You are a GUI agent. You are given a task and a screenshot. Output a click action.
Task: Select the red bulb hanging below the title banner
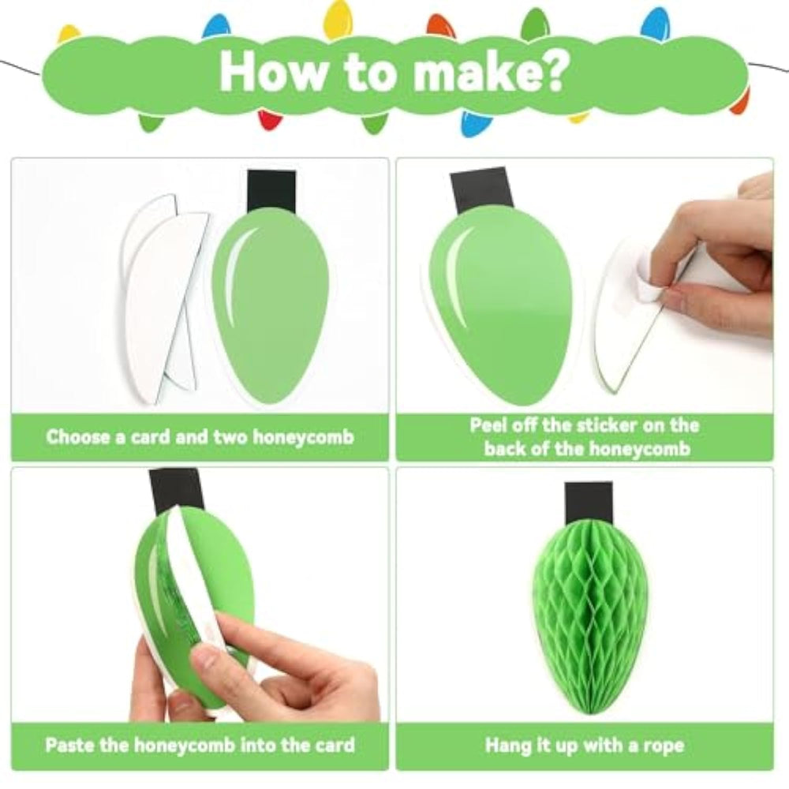tap(270, 120)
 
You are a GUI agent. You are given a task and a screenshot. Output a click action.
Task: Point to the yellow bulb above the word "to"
tap(338, 21)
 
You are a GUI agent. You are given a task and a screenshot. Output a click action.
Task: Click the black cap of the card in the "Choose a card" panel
tap(271, 192)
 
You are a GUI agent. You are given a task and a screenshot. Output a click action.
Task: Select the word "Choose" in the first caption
tap(78, 437)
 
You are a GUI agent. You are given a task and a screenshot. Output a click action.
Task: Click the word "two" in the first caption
tap(230, 437)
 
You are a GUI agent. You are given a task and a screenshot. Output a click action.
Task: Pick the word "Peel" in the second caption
tap(487, 425)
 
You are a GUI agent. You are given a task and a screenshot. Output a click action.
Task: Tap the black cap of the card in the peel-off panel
tap(481, 191)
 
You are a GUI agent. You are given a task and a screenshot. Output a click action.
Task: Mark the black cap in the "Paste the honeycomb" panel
tap(177, 491)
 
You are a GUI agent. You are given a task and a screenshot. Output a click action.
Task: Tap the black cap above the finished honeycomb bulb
tap(589, 503)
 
